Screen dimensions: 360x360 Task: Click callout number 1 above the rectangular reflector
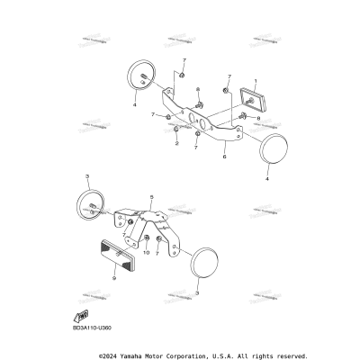tap(255, 81)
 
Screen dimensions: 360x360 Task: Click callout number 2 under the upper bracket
tap(176, 143)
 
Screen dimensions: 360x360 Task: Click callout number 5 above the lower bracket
tap(152, 196)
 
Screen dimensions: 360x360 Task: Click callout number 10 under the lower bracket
tap(147, 253)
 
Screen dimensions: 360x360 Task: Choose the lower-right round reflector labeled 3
tap(208, 263)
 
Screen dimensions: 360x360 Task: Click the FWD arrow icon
tap(83, 316)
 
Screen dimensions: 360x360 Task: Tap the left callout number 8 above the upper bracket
tap(197, 90)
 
